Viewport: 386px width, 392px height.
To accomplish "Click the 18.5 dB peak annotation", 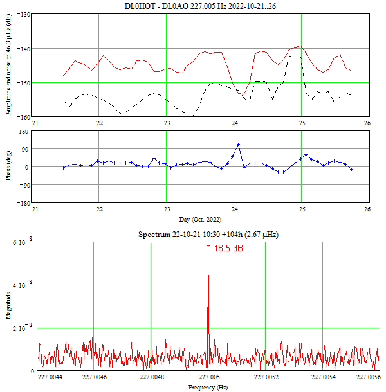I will (228, 247).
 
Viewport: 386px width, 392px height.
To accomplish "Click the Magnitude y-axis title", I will (8, 307).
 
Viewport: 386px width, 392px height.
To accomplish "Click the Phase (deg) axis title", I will (8, 166).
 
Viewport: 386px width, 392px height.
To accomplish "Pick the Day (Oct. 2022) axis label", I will (201, 220).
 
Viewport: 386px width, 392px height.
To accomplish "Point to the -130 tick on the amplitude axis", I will (23, 14).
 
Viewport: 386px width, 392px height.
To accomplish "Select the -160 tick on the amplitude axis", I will (23, 116).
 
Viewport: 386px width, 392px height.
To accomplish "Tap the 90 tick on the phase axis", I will (26, 149).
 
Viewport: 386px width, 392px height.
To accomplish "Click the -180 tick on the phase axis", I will (23, 203).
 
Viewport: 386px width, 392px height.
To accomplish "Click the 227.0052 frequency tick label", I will (265, 377).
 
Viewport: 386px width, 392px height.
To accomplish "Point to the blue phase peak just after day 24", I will (238, 144).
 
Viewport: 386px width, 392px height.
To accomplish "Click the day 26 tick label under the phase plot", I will (367, 209).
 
